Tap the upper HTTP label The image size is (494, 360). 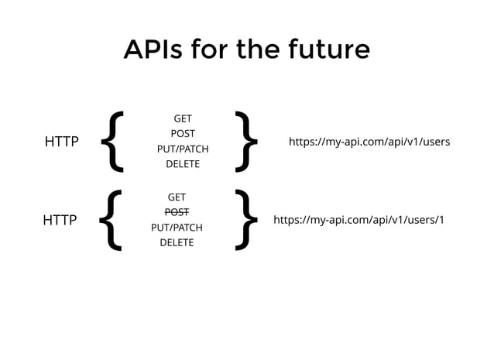click(x=62, y=142)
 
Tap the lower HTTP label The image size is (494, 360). click(x=60, y=221)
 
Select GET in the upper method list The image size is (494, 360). click(x=183, y=118)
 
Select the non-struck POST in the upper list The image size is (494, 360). click(x=183, y=133)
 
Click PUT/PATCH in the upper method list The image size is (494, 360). click(x=183, y=149)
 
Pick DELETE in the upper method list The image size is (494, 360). click(x=183, y=163)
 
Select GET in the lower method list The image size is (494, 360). click(x=177, y=197)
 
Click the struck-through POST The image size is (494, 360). click(x=177, y=212)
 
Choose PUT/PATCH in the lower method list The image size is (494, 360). click(x=177, y=228)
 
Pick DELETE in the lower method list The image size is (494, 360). click(x=177, y=242)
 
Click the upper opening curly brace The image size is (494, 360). click(x=115, y=141)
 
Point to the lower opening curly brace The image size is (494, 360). click(x=112, y=220)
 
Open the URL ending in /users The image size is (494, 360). click(x=369, y=142)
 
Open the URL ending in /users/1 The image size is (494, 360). click(x=359, y=221)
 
